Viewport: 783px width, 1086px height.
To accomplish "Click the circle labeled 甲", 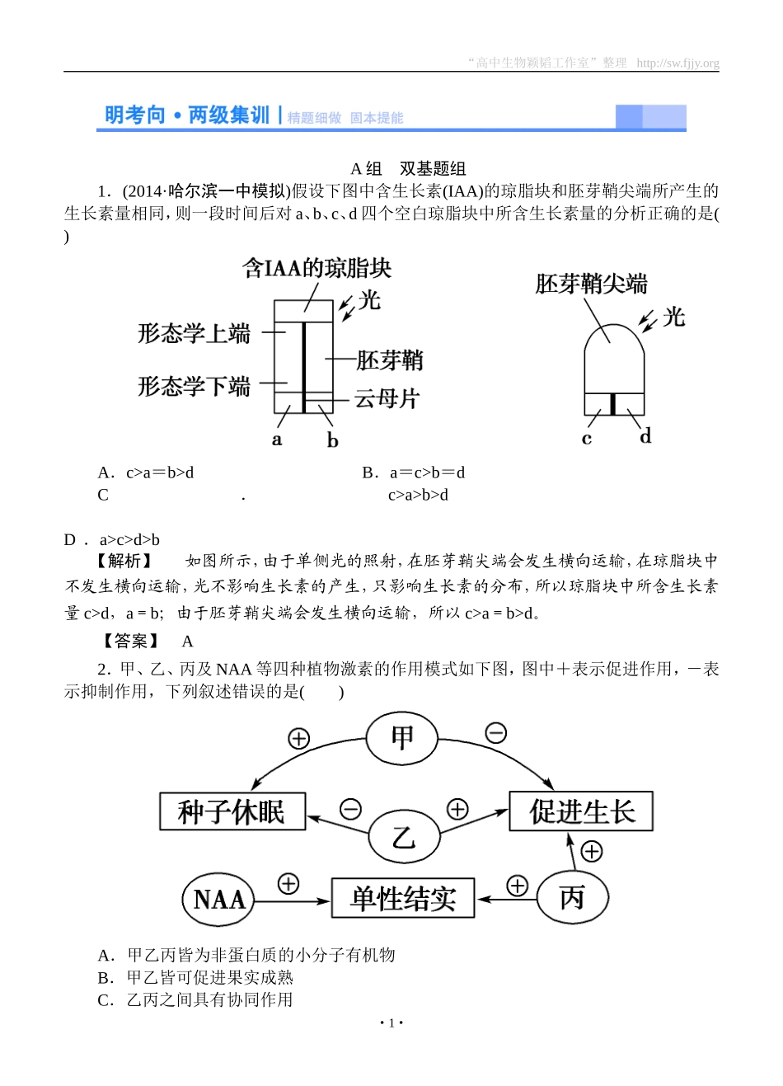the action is click(x=402, y=738).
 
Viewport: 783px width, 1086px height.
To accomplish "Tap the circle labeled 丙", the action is click(x=572, y=897).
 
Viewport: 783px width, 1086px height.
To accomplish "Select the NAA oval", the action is click(x=218, y=899).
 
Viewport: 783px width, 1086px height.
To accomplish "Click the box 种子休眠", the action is click(x=232, y=812).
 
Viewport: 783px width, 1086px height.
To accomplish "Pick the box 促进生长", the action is click(x=581, y=811).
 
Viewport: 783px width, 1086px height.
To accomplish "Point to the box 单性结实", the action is click(x=403, y=898).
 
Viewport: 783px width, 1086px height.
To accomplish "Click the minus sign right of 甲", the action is click(x=495, y=732).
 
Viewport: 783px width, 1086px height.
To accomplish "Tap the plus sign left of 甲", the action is click(x=298, y=738).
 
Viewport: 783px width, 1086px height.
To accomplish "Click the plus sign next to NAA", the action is click(x=288, y=884).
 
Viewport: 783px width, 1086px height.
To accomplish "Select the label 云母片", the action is click(x=387, y=399).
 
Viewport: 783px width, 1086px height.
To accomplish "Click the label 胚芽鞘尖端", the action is click(x=591, y=284).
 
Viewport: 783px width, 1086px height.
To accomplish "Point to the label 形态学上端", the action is click(x=194, y=333).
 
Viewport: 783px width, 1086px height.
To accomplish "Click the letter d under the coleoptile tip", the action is click(x=645, y=435).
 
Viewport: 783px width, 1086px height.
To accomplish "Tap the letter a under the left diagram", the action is click(x=277, y=440).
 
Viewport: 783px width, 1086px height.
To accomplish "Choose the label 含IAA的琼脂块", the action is click(x=316, y=268).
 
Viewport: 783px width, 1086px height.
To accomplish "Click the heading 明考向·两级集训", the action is click(x=187, y=115).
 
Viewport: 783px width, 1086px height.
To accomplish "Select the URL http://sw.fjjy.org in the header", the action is click(x=678, y=63).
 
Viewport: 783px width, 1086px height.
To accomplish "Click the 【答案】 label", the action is click(x=130, y=641).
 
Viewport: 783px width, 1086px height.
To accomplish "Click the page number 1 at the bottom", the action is click(x=391, y=1023).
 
